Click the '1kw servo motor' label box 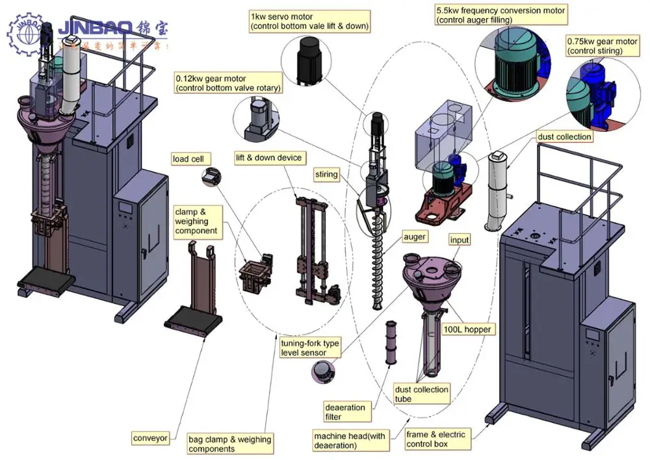point(309,21)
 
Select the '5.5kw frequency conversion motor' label point(500,16)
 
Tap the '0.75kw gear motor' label point(602,46)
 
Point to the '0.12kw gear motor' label point(228,84)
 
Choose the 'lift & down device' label point(268,157)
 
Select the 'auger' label point(414,237)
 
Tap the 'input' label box point(460,240)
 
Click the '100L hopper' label point(467,329)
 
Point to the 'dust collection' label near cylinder point(564,136)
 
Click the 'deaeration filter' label point(345,412)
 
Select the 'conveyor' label point(150,437)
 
